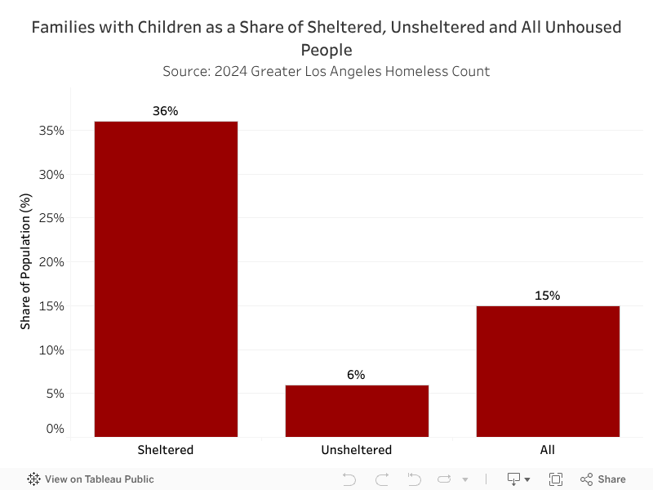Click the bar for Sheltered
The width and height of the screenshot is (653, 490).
pos(166,278)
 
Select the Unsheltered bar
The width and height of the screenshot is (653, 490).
pos(357,410)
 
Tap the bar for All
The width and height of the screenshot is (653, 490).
pos(548,371)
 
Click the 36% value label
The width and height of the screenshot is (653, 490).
pos(166,111)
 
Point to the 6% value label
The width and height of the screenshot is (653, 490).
pos(356,375)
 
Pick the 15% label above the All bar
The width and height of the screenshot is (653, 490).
pos(548,296)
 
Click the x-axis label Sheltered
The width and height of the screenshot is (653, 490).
pos(166,450)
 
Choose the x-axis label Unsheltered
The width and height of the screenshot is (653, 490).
pos(357,450)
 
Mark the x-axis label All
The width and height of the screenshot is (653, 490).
pos(548,450)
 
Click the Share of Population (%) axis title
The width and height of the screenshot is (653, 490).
pos(25,261)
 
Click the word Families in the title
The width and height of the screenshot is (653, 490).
pos(62,28)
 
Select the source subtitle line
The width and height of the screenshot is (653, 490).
pos(326,71)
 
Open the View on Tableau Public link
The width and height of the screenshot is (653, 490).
pos(91,479)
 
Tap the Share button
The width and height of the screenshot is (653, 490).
pos(603,479)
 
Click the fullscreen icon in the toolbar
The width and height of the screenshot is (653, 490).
pos(556,479)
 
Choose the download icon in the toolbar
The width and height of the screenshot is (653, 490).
pos(515,479)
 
